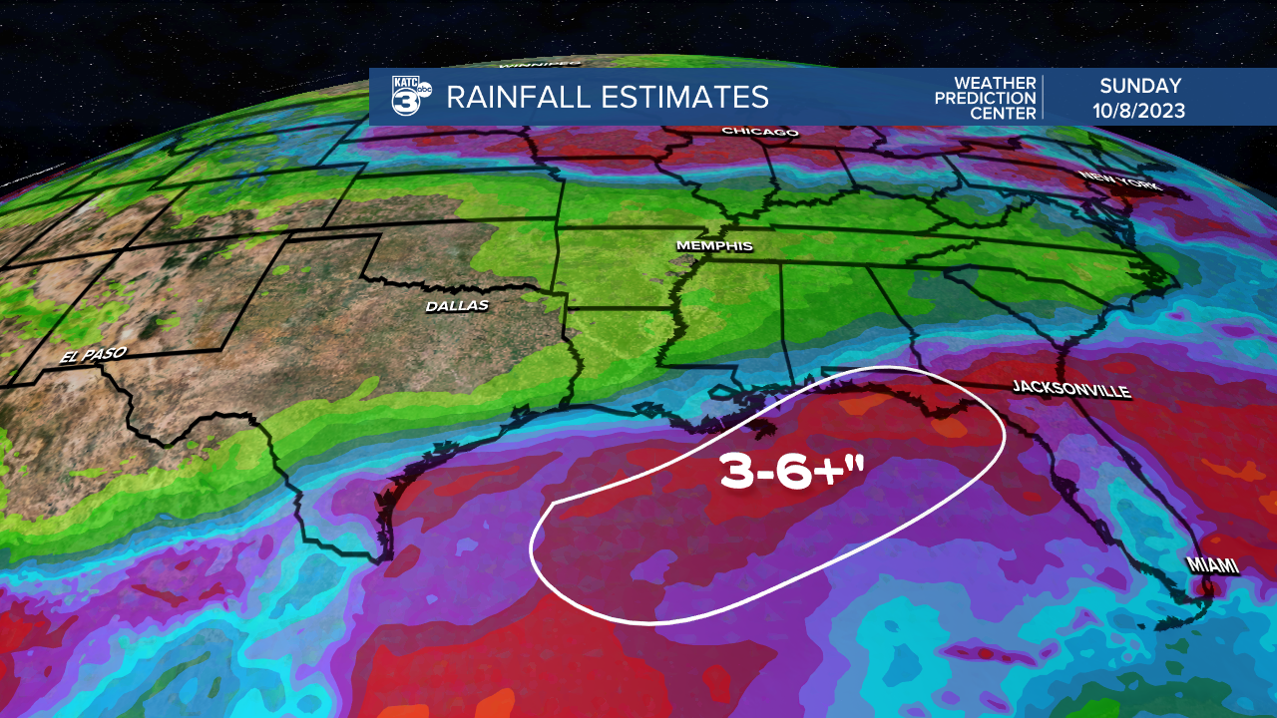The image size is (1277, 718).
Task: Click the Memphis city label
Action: coord(713,246)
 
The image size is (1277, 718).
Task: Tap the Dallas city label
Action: coord(457,305)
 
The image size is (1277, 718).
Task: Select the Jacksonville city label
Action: coord(1070,388)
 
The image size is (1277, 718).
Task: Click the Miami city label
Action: coord(1212,565)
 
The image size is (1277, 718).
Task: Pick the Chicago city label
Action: coord(760,132)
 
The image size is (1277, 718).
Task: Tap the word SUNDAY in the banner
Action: coord(1140,86)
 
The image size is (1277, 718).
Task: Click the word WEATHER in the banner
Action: coord(995,83)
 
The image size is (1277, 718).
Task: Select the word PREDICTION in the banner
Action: coord(986,98)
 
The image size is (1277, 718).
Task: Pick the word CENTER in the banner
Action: coord(1004,113)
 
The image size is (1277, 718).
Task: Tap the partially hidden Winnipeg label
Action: coord(539,64)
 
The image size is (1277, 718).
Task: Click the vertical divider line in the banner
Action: coord(1044,97)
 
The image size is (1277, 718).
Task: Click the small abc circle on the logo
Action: coord(424,89)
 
